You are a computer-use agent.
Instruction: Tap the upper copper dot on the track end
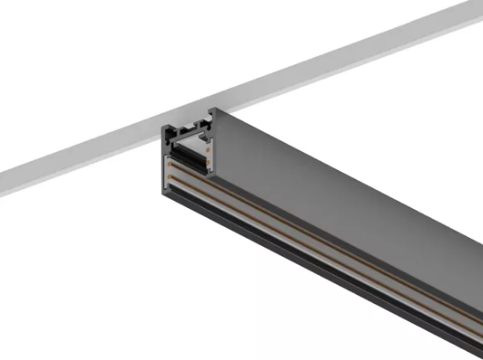[206, 142]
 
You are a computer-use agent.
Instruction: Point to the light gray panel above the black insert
[187, 141]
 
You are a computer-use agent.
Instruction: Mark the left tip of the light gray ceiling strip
[3, 184]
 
